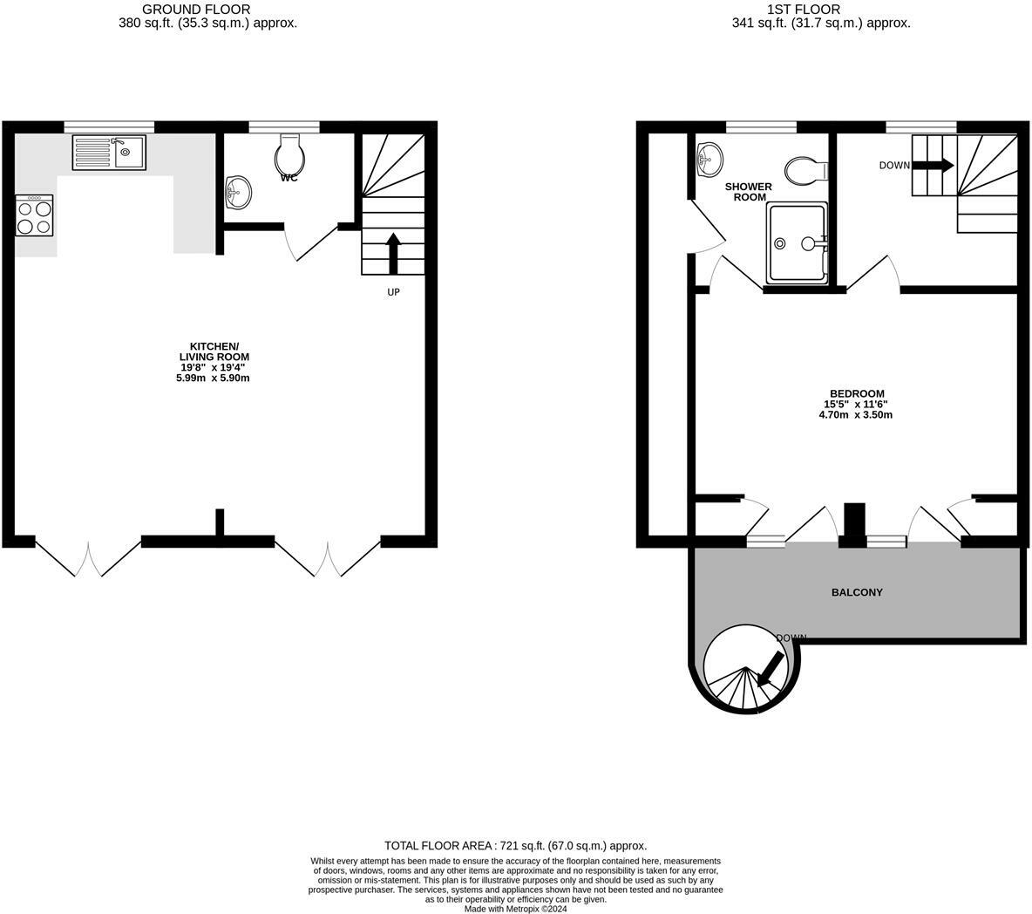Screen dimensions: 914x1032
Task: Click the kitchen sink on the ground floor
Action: pyautogui.click(x=109, y=152)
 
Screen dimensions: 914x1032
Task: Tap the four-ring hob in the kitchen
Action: pyautogui.click(x=35, y=215)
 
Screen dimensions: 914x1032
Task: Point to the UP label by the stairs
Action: pyautogui.click(x=393, y=292)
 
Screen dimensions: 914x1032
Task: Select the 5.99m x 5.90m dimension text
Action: pyautogui.click(x=213, y=378)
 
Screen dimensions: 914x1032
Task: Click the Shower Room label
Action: pyautogui.click(x=748, y=192)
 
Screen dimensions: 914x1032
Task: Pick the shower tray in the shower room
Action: pyautogui.click(x=796, y=243)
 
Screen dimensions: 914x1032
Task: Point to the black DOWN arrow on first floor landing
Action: pyautogui.click(x=934, y=165)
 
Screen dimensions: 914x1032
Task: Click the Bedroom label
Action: pyautogui.click(x=855, y=393)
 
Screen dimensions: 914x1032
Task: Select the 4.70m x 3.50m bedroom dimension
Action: pyautogui.click(x=855, y=415)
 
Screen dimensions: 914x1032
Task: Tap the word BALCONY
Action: pyautogui.click(x=857, y=592)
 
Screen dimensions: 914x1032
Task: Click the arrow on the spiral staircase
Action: pyautogui.click(x=770, y=669)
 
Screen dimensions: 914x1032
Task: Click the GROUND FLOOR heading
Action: pyautogui.click(x=208, y=10)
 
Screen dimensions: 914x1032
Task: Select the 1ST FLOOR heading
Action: pyautogui.click(x=803, y=10)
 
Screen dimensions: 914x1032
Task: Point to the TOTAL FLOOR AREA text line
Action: pyautogui.click(x=515, y=846)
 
